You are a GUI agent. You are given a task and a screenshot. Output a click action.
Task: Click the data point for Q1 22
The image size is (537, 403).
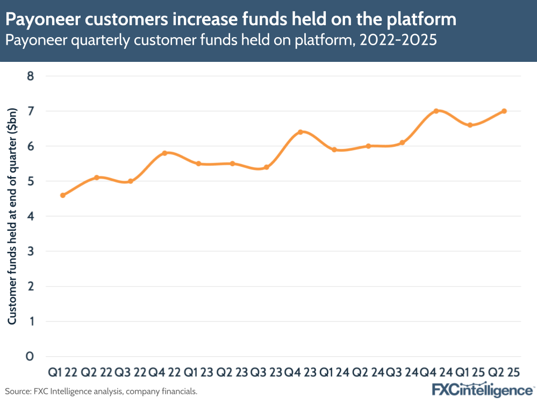coord(63,195)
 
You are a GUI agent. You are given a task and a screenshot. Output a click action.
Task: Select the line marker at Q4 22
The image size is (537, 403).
coord(164,153)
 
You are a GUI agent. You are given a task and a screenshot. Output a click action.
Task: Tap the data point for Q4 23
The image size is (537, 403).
coord(300,132)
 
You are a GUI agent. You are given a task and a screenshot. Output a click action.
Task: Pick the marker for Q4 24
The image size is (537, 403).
coord(436,111)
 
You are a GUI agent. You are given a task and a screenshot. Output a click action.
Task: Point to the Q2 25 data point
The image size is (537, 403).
coord(504,111)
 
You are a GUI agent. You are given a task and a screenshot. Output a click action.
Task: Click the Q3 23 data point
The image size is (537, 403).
coord(267,167)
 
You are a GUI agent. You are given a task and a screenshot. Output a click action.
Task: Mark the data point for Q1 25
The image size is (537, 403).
coord(470,125)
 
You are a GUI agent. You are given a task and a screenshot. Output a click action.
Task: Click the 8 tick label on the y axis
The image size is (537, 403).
coord(30,76)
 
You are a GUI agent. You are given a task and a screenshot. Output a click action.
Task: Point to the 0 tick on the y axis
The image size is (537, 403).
coord(30,356)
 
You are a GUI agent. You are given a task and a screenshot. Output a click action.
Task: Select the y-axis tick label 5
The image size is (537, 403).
coord(30,181)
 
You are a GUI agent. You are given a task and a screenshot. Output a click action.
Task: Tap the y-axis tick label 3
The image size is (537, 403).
coord(30,251)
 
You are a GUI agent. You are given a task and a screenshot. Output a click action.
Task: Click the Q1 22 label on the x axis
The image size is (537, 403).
coord(63,372)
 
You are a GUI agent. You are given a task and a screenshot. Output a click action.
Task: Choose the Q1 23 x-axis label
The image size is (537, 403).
coord(198,372)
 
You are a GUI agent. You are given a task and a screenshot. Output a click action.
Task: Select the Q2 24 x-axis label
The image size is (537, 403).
coord(368,372)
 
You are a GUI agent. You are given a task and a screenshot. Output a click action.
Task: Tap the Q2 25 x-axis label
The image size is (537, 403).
coord(504,372)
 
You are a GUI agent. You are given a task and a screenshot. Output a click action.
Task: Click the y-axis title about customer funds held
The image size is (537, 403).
coord(12,216)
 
